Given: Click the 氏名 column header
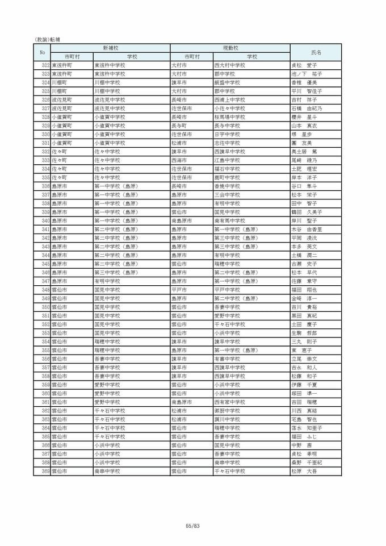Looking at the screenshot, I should coord(316,52).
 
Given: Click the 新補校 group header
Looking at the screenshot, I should coord(110,48).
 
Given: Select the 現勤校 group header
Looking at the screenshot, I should coord(230,48).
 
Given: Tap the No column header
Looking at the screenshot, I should coord(42,52).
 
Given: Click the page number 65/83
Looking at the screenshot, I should coord(193,526).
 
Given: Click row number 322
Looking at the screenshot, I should coord(45,65).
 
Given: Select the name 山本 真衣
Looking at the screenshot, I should coord(304,126).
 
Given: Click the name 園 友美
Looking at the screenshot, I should coord(302,143).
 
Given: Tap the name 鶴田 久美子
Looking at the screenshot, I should coord(307,212).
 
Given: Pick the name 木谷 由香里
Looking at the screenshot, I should coord(307,229).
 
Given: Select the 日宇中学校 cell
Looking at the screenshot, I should coord(227,134).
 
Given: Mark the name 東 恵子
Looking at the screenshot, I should coord(302,351).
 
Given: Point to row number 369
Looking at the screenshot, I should coord(45,471).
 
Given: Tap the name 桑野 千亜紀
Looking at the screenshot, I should coord(307,462).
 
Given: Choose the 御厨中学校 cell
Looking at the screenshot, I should coord(227,410).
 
